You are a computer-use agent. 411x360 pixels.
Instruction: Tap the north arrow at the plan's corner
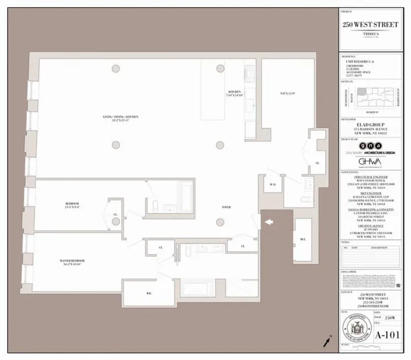click(327, 341)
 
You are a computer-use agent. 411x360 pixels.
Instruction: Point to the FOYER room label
click(226, 207)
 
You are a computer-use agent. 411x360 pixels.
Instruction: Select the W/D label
click(272, 184)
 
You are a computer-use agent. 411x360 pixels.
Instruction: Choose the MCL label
click(303, 240)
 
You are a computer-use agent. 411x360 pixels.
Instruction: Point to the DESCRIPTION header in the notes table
click(379, 247)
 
